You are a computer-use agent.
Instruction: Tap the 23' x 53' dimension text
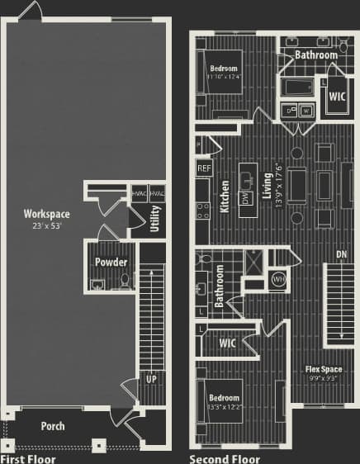(x=46, y=225)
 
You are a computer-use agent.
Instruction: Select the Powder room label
(x=111, y=262)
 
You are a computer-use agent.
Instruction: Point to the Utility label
(x=155, y=219)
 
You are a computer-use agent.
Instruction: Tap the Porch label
(x=52, y=427)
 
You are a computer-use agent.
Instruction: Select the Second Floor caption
(x=225, y=458)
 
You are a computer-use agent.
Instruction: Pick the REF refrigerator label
(x=204, y=168)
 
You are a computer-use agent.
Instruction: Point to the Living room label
(x=267, y=187)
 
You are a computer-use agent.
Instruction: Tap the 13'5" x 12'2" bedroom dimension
(x=224, y=407)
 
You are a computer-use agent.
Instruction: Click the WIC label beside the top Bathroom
(x=337, y=96)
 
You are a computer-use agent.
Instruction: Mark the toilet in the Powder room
(x=125, y=281)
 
